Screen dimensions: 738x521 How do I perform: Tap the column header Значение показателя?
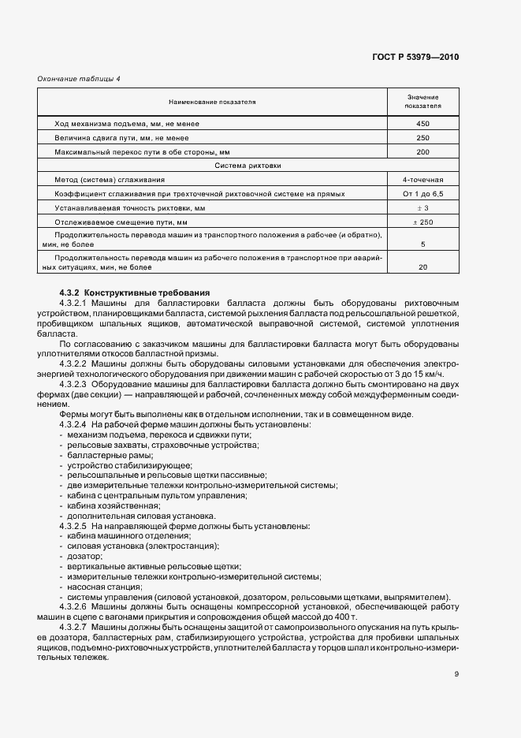pyautogui.click(x=422, y=101)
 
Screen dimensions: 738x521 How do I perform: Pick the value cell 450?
pyautogui.click(x=422, y=124)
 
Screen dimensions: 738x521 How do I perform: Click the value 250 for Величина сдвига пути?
pyautogui.click(x=422, y=138)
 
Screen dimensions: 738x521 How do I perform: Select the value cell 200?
pyautogui.click(x=422, y=151)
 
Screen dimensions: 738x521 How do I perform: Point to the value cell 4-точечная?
pyautogui.click(x=422, y=180)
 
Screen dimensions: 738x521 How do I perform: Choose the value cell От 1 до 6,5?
pyautogui.click(x=422, y=194)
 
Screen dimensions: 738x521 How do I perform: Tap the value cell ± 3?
pyautogui.click(x=422, y=208)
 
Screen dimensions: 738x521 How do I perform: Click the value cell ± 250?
pyautogui.click(x=422, y=222)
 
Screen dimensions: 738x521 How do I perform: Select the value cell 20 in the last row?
pyautogui.click(x=422, y=267)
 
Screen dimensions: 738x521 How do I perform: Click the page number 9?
pyautogui.click(x=456, y=673)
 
